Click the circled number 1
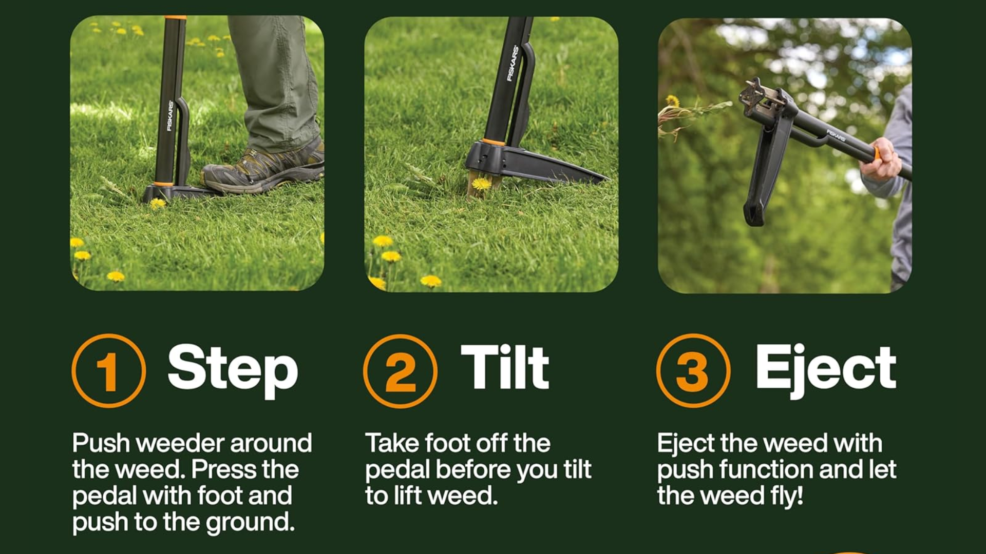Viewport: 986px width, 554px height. pos(108,370)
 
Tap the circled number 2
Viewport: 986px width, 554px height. pos(400,371)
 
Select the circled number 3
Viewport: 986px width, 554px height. pos(693,370)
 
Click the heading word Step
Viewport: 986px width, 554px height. pos(233,370)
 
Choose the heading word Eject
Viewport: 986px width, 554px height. pos(826,370)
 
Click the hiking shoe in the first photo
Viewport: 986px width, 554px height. pos(263,166)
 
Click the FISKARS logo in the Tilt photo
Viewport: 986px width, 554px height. pos(513,63)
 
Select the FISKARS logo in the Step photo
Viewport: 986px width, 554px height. pos(170,115)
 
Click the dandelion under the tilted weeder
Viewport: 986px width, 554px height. pos(481,183)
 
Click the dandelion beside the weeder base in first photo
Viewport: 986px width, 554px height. pos(157,204)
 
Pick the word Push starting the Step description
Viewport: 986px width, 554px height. pos(101,444)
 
